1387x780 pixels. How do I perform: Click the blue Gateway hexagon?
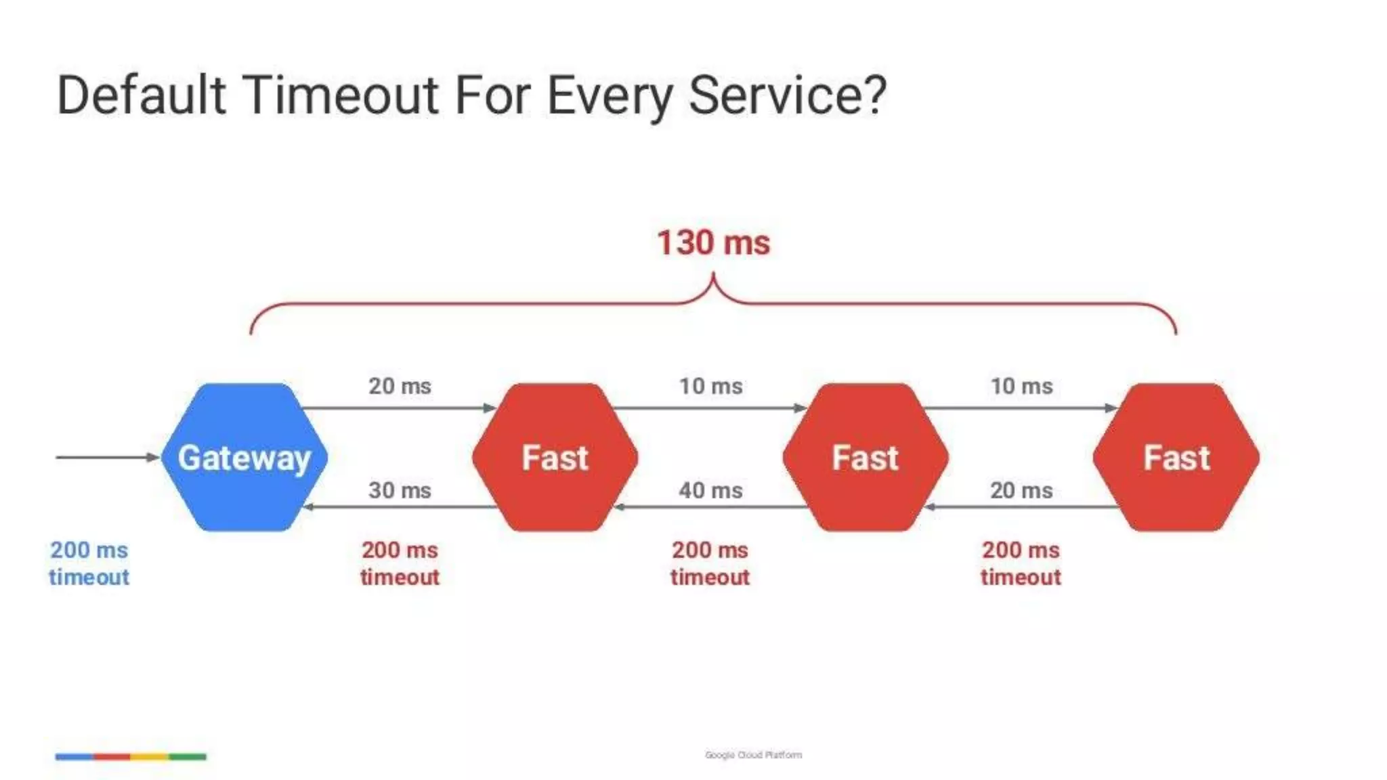click(244, 457)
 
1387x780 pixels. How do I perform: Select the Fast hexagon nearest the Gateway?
click(555, 457)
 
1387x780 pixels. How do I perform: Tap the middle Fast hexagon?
click(865, 457)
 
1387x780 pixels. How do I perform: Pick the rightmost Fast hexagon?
click(1176, 457)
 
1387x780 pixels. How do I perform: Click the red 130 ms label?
click(713, 242)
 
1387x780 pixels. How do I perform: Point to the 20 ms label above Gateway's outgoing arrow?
click(400, 386)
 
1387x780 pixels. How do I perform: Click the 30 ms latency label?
click(400, 490)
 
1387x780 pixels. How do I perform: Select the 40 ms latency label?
click(710, 490)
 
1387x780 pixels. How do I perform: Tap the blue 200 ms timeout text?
click(89, 563)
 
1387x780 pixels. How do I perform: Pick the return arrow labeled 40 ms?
click(710, 506)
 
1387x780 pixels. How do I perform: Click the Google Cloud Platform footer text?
click(753, 754)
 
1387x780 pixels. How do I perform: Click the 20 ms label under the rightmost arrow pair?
click(1021, 490)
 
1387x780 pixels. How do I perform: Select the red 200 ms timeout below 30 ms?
click(400, 563)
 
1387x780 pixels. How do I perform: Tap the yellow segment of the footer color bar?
click(150, 756)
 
